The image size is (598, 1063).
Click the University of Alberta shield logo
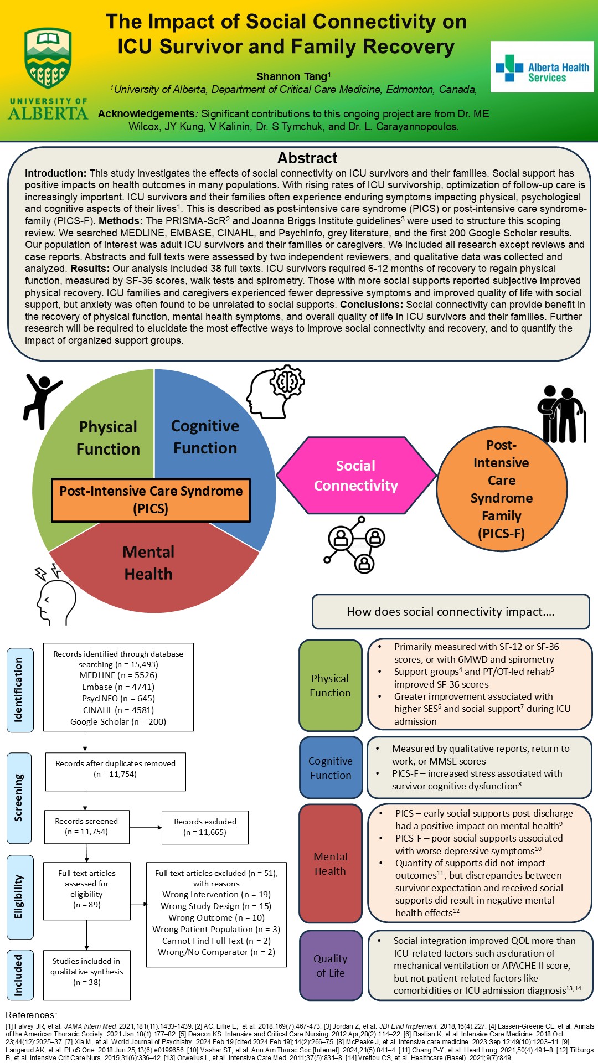pos(48,58)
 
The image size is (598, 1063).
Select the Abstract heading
pos(307,158)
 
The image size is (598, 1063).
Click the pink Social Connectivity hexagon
pos(356,475)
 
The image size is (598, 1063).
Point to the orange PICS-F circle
pos(502,489)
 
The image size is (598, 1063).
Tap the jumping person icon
pos(42,400)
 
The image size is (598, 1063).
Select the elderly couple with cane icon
pos(561,414)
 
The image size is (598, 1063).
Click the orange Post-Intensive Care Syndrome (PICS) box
pos(151,500)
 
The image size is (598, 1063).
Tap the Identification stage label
pos(19,690)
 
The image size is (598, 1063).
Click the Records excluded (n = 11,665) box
pos(205,827)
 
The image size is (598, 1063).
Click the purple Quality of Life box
pos(331,966)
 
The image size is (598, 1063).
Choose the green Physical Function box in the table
pos(330,685)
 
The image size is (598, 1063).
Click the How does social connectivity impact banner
pos(451,612)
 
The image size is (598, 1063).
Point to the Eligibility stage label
pos(19,897)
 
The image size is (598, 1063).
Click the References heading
pos(31,1015)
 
